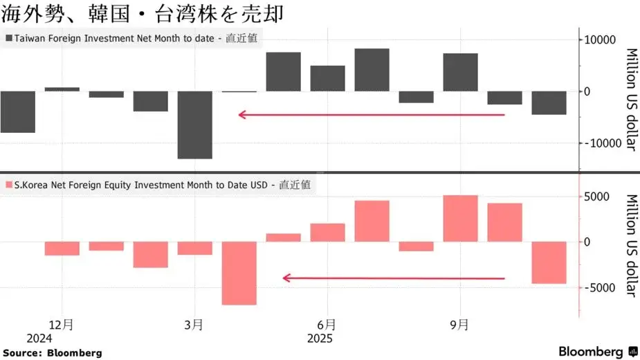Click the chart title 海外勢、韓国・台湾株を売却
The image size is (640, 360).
[142, 14]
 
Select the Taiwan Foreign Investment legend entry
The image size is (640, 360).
[131, 39]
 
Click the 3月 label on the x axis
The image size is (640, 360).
[194, 324]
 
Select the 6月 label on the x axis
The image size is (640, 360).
[327, 324]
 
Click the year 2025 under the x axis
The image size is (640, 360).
[320, 339]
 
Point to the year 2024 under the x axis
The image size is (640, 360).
[39, 339]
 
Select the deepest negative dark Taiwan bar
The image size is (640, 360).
[194, 125]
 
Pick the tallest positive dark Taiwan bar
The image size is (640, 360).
[372, 69]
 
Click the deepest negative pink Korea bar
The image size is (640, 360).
[239, 273]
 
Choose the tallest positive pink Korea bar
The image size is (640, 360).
[460, 218]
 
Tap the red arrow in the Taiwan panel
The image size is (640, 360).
[372, 115]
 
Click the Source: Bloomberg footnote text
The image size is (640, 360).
[52, 353]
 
